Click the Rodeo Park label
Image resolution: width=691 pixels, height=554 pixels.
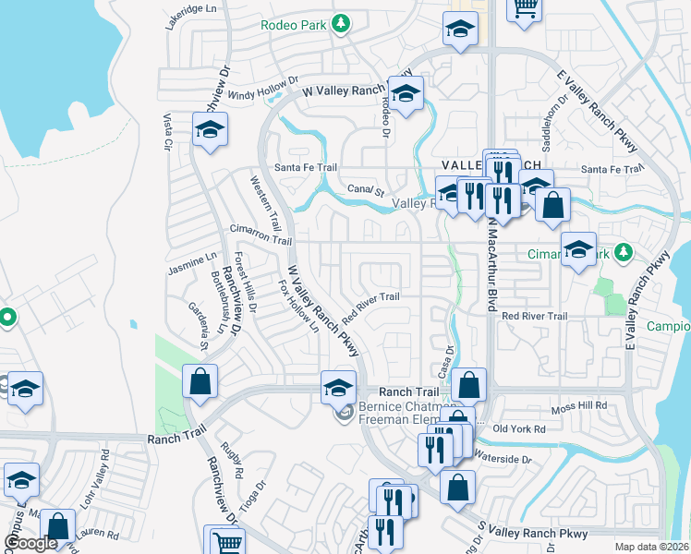[294, 25]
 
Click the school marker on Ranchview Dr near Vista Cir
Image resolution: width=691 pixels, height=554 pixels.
[210, 129]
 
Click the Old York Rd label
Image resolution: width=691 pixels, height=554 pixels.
[521, 428]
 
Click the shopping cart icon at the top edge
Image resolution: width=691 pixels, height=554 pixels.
[524, 8]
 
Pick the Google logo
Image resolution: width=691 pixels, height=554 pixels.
[31, 544]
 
